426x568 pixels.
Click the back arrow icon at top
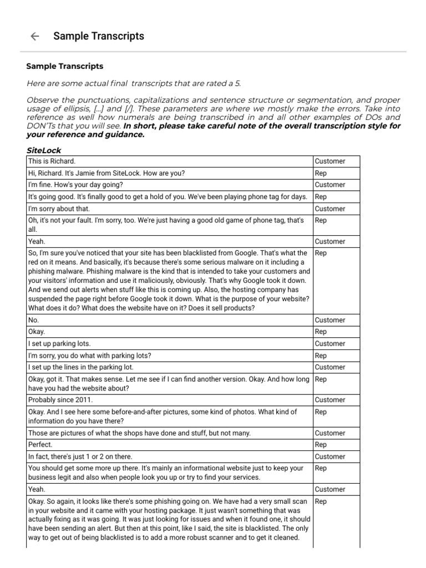(34, 37)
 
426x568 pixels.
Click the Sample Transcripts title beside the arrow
(98, 36)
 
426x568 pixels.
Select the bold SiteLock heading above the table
(44, 150)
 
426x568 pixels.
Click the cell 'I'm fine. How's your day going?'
(75, 185)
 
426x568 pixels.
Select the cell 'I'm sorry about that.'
(59, 209)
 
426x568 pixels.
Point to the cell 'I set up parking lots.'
(59, 344)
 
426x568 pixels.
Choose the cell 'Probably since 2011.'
(60, 400)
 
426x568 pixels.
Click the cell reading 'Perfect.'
(40, 445)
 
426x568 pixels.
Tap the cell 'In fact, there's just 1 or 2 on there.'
(80, 457)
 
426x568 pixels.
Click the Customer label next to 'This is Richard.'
(329, 161)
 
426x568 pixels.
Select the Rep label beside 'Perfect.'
(321, 445)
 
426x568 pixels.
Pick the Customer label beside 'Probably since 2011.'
(329, 400)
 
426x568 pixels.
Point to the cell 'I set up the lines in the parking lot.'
(81, 367)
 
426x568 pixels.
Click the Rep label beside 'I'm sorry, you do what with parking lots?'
(321, 356)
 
